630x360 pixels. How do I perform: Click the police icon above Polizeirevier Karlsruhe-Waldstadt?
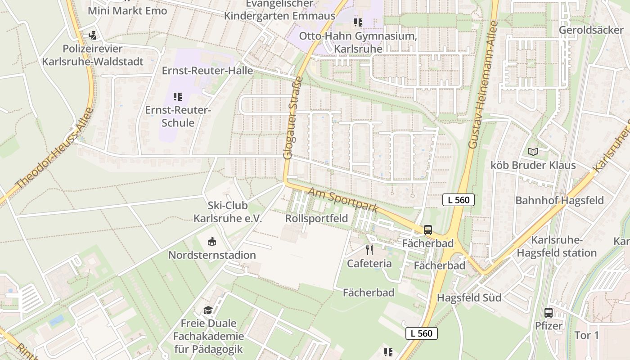(x=93, y=35)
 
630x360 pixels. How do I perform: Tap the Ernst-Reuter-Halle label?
(x=207, y=71)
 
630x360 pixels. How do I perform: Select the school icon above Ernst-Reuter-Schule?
(x=177, y=96)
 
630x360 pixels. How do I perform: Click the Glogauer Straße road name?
(x=293, y=118)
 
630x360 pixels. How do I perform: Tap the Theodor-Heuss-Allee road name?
(x=54, y=148)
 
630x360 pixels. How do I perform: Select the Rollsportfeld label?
(x=316, y=219)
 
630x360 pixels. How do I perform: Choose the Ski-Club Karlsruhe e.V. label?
(x=228, y=212)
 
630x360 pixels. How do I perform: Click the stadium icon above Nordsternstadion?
(x=211, y=242)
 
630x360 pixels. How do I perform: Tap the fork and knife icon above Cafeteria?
(x=369, y=250)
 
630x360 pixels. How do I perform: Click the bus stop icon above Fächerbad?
(x=427, y=230)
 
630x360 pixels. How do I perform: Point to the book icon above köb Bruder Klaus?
(x=533, y=152)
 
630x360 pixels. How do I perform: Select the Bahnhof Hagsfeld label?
(x=559, y=200)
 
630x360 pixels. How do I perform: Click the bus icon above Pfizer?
(x=549, y=312)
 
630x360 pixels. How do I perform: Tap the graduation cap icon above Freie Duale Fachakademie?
(x=208, y=310)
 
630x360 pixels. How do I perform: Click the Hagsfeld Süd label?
(x=469, y=297)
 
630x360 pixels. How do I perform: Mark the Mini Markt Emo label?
(x=127, y=10)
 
